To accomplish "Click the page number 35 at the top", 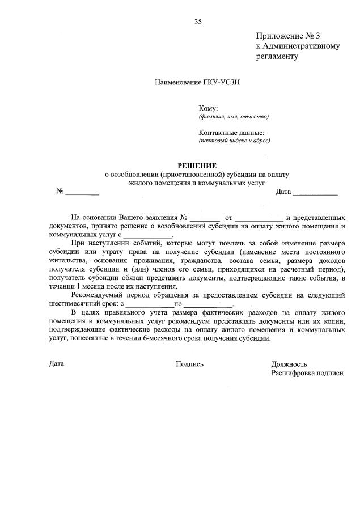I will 198,22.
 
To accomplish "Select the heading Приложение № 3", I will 288,36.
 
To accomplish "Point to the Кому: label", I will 208,108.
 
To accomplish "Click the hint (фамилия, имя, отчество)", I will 234,117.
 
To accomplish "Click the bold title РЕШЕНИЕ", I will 197,166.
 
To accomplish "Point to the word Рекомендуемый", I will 99,295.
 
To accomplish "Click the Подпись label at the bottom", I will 189,364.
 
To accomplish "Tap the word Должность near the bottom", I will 289,364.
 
